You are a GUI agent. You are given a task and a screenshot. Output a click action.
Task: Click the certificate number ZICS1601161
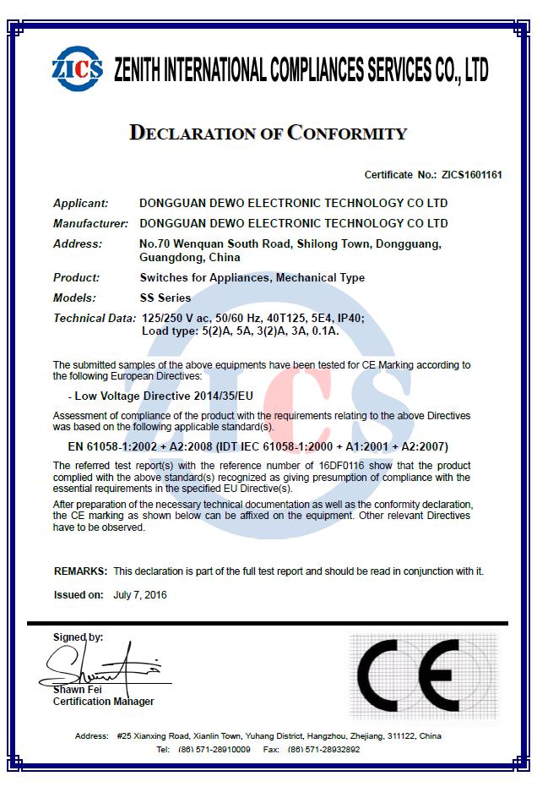pyautogui.click(x=471, y=175)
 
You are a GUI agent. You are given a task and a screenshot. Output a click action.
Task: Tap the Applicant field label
pyautogui.click(x=81, y=204)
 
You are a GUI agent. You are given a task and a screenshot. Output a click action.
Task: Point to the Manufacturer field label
pyautogui.click(x=90, y=224)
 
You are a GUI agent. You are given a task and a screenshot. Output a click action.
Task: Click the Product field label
pyautogui.click(x=76, y=278)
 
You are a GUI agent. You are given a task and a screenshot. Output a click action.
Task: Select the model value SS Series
pyautogui.click(x=165, y=298)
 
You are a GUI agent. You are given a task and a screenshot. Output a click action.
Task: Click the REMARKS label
pyautogui.click(x=81, y=571)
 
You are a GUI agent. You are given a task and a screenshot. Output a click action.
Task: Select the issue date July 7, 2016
pyautogui.click(x=140, y=595)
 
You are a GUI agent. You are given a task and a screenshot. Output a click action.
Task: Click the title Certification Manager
pyautogui.click(x=104, y=702)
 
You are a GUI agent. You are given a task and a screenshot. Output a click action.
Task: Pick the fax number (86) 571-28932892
pyautogui.click(x=323, y=750)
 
